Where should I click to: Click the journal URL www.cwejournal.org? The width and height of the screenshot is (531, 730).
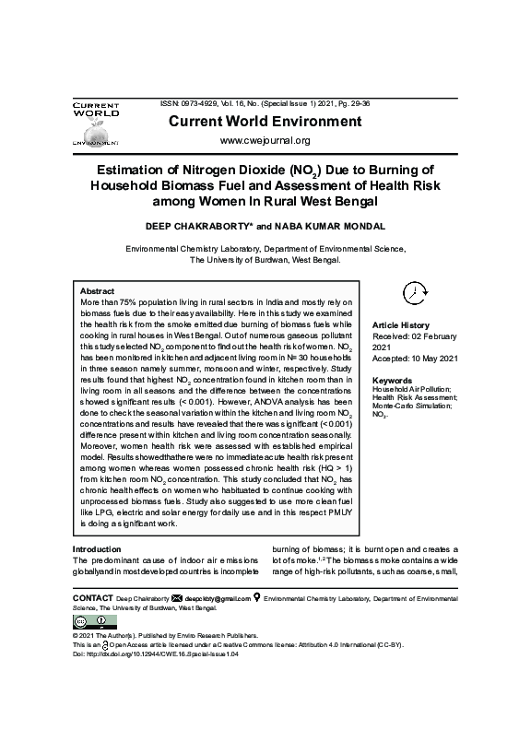pos(265,140)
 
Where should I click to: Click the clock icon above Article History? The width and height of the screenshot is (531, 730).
pos(415,291)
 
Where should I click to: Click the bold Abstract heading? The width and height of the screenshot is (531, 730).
pos(98,290)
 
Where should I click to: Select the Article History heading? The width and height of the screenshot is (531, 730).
pos(401,325)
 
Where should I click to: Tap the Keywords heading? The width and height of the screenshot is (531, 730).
pos(392,380)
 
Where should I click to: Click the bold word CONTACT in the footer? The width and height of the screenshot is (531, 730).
pos(92,598)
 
